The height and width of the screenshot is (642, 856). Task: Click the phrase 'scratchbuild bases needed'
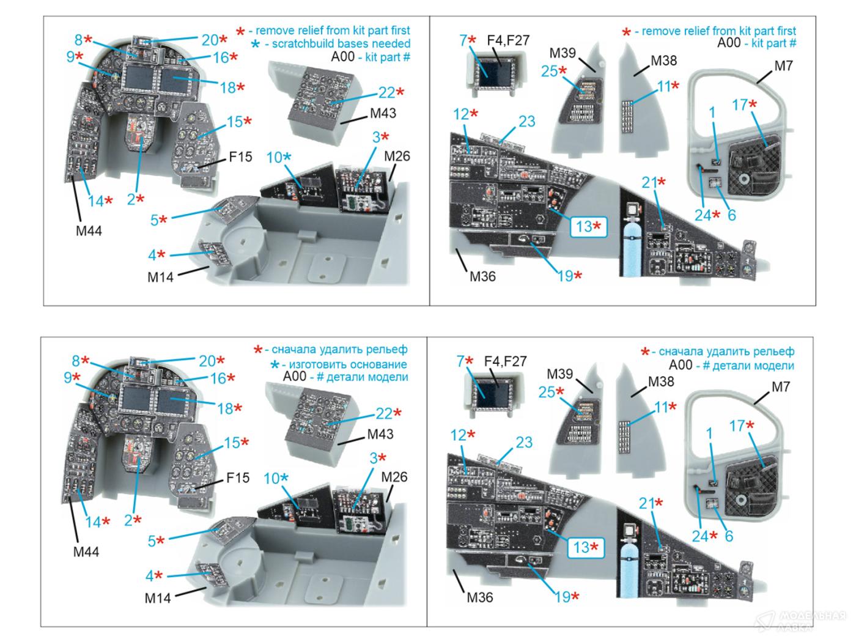point(341,44)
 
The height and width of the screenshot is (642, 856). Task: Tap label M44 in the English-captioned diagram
point(87,231)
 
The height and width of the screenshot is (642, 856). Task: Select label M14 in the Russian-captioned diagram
point(158,597)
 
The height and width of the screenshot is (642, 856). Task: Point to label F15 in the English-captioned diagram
point(240,157)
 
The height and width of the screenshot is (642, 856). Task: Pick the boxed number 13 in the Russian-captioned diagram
point(586,547)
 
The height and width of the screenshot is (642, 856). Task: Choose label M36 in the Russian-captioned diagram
point(479,597)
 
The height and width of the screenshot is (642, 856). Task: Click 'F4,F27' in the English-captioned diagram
point(508,41)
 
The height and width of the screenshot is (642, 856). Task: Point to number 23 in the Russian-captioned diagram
point(523,442)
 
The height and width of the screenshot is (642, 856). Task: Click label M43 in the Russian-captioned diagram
point(380,434)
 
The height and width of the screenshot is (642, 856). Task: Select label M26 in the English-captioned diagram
point(397,156)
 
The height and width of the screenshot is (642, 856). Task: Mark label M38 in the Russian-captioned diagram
point(660,381)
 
